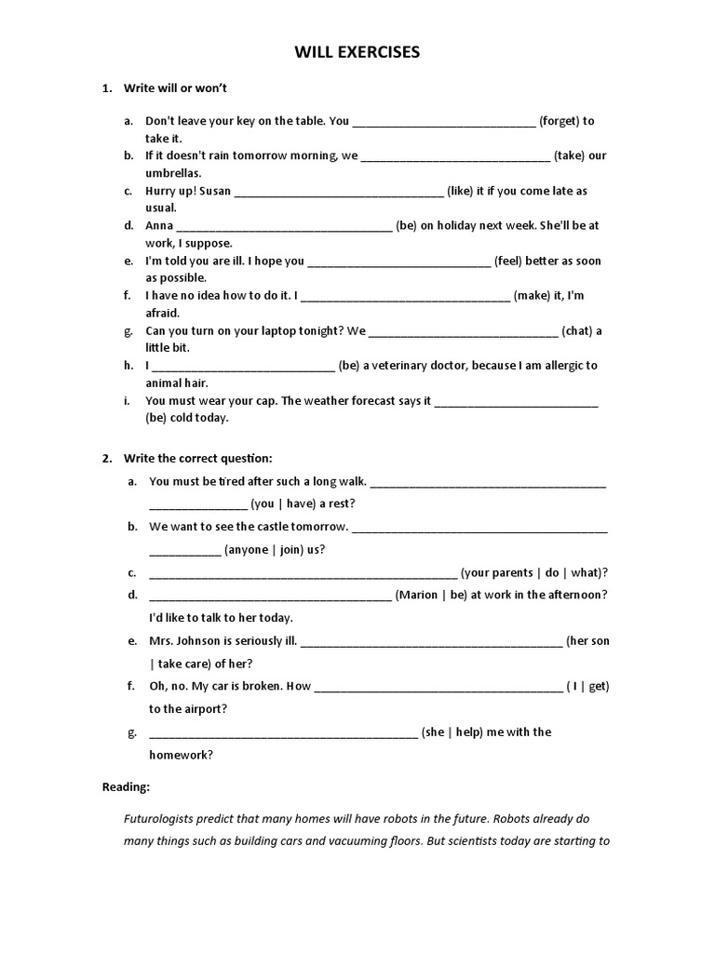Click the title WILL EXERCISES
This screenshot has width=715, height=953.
pyautogui.click(x=357, y=53)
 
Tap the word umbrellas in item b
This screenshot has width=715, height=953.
pyautogui.click(x=173, y=173)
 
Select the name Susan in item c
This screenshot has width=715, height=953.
pyautogui.click(x=214, y=191)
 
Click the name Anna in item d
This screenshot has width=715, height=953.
pyautogui.click(x=159, y=226)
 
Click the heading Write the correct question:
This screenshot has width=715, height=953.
pyautogui.click(x=198, y=458)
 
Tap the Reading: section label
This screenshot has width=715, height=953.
pyautogui.click(x=126, y=787)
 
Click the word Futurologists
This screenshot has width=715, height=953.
pyautogui.click(x=164, y=819)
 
